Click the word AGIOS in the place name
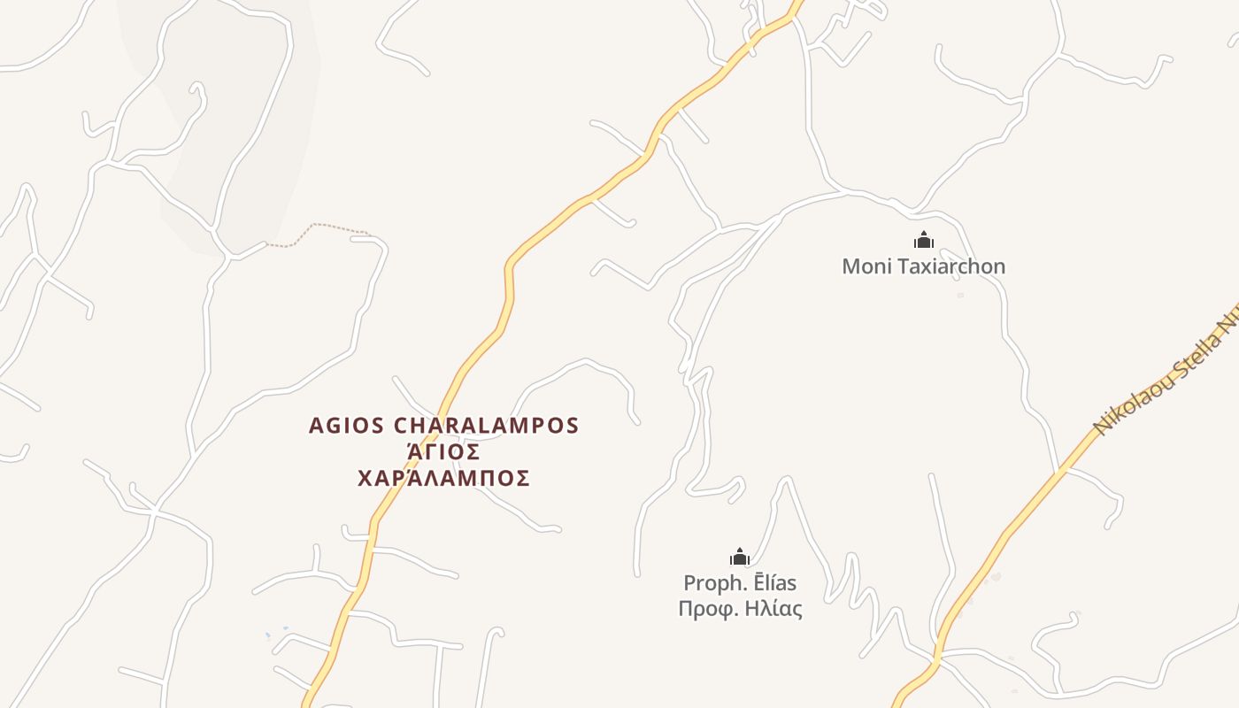click(x=346, y=426)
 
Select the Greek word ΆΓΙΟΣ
click(x=443, y=452)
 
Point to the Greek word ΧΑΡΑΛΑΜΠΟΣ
click(x=443, y=479)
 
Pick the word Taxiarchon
click(x=950, y=266)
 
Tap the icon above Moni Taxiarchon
click(x=924, y=240)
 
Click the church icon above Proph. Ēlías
click(x=740, y=557)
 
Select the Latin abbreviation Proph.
click(x=710, y=583)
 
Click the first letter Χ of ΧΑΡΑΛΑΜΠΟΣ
click(x=365, y=479)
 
